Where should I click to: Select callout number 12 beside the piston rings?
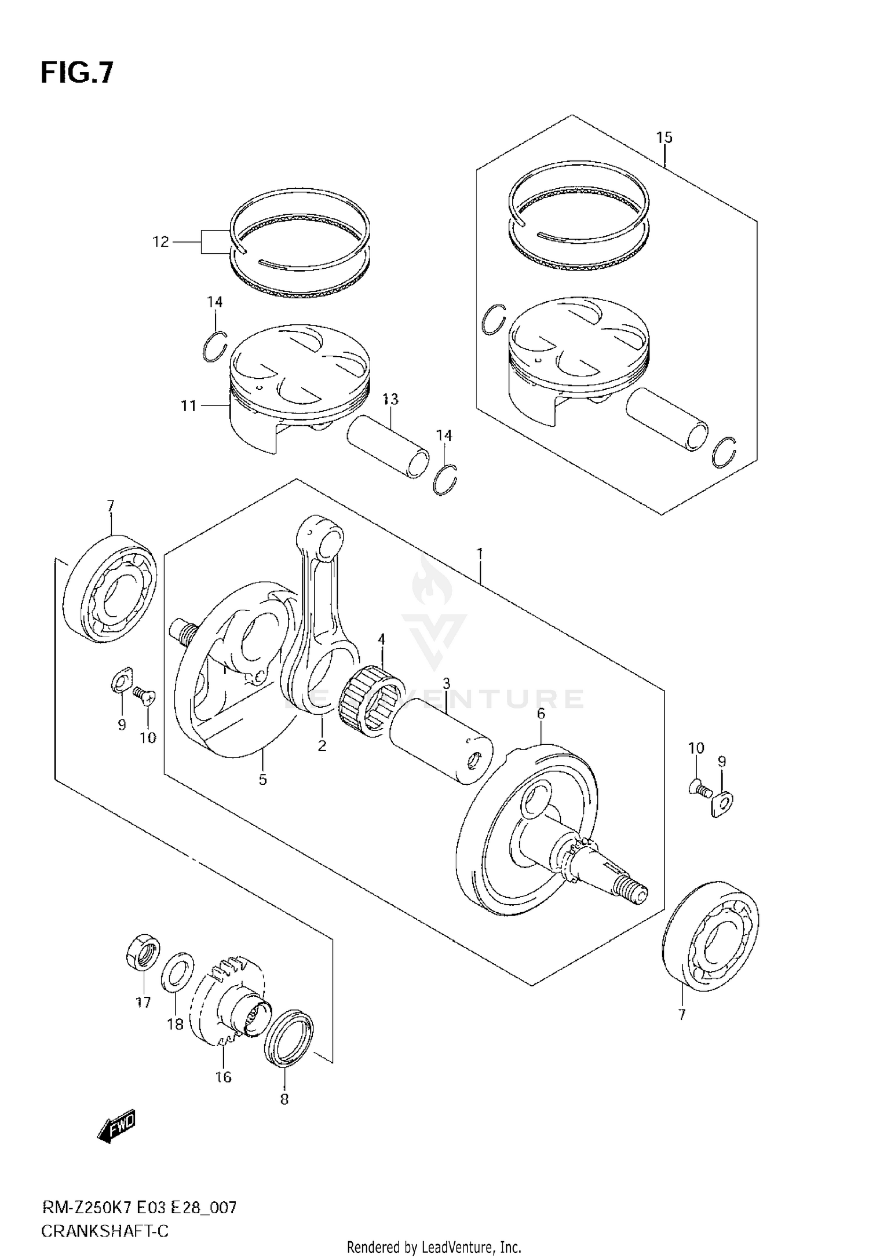click(160, 242)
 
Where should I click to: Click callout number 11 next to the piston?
click(189, 406)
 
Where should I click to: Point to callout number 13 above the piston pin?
click(390, 399)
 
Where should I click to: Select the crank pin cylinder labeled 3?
click(440, 743)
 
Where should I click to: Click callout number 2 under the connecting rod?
click(322, 746)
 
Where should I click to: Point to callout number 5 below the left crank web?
click(262, 780)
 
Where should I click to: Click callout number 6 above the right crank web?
click(541, 714)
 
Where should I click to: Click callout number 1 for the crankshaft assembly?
click(480, 554)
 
